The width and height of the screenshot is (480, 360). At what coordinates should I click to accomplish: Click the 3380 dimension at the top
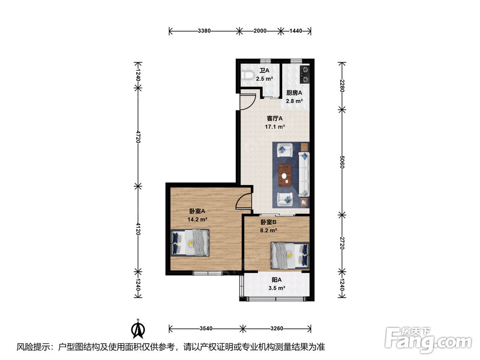[204, 31]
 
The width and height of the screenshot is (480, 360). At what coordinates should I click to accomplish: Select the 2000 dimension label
[260, 31]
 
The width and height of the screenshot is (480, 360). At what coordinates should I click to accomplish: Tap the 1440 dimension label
[295, 31]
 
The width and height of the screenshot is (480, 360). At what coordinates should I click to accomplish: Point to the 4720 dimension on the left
[138, 136]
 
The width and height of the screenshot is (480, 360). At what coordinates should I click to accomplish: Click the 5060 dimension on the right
[342, 162]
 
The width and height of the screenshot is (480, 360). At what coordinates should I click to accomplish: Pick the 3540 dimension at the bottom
[206, 328]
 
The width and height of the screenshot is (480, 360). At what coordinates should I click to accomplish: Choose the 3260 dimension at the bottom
[277, 328]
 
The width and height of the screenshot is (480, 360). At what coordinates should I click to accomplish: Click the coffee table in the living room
[285, 175]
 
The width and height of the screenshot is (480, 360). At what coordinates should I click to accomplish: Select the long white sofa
[304, 174]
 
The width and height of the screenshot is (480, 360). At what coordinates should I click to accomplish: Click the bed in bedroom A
[190, 243]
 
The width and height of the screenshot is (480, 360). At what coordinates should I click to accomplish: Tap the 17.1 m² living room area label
[275, 126]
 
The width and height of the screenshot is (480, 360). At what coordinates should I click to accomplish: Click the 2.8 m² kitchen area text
[294, 101]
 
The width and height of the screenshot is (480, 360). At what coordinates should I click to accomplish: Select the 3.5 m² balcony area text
[277, 288]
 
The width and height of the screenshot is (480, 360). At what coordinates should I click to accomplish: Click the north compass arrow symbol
[138, 328]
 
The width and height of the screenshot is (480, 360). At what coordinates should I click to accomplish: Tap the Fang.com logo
[429, 339]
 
